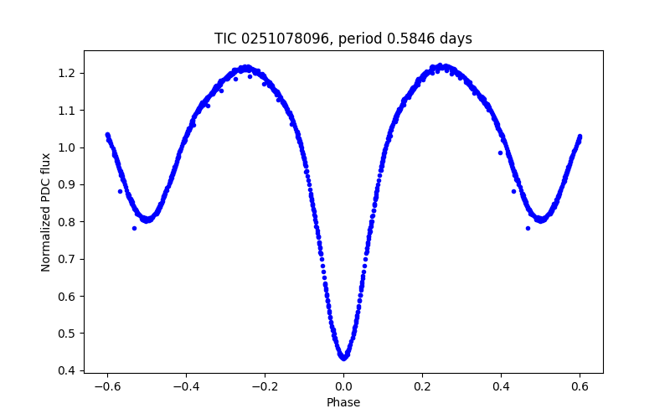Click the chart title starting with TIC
click(343, 39)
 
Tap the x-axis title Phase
click(343, 402)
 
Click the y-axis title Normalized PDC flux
click(46, 211)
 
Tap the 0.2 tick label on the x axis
click(422, 386)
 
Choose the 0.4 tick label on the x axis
click(501, 386)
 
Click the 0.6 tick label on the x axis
click(580, 386)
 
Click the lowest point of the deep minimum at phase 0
click(343, 358)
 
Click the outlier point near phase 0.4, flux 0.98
click(500, 153)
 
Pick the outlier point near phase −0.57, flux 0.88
click(120, 191)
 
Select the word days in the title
click(456, 39)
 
